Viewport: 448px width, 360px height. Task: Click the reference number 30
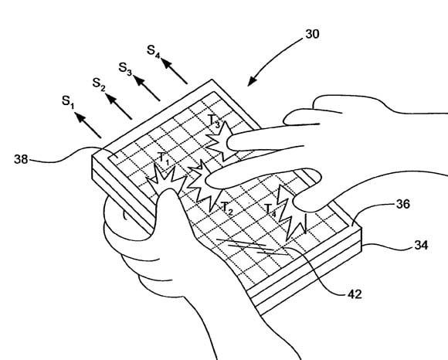point(312,34)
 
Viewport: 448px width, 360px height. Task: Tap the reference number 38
point(21,159)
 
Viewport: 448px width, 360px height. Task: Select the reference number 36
point(403,204)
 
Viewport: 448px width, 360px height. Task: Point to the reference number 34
point(421,245)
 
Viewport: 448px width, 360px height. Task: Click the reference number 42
point(355,294)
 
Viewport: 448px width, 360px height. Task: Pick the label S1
point(68,102)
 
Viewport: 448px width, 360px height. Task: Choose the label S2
point(99,84)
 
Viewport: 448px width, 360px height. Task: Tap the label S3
point(125,69)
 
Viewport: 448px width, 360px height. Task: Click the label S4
point(153,51)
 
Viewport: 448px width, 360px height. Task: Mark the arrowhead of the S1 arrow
point(80,117)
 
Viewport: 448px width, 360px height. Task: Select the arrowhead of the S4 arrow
point(167,63)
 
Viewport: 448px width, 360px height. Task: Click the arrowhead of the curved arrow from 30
point(252,81)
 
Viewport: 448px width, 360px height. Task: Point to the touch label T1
point(164,159)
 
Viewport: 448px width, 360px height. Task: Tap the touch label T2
point(228,209)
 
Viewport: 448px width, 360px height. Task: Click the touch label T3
point(214,121)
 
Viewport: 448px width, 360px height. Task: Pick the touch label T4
point(270,210)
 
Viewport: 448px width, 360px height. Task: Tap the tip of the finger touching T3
point(229,143)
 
